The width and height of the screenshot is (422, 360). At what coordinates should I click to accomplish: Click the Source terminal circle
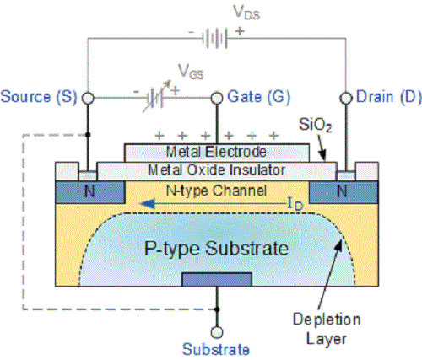coord(87,97)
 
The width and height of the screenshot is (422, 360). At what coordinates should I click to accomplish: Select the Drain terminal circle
coord(345,97)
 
